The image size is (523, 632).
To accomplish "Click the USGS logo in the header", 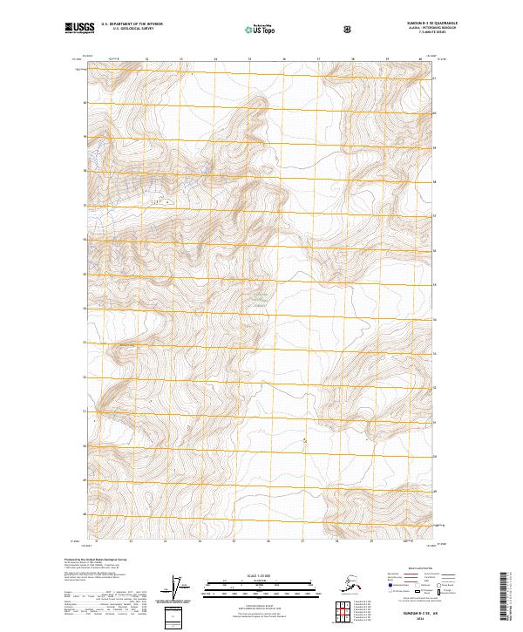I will tap(78, 30).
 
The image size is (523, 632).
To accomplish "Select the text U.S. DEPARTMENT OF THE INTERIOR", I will tap(132, 24).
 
